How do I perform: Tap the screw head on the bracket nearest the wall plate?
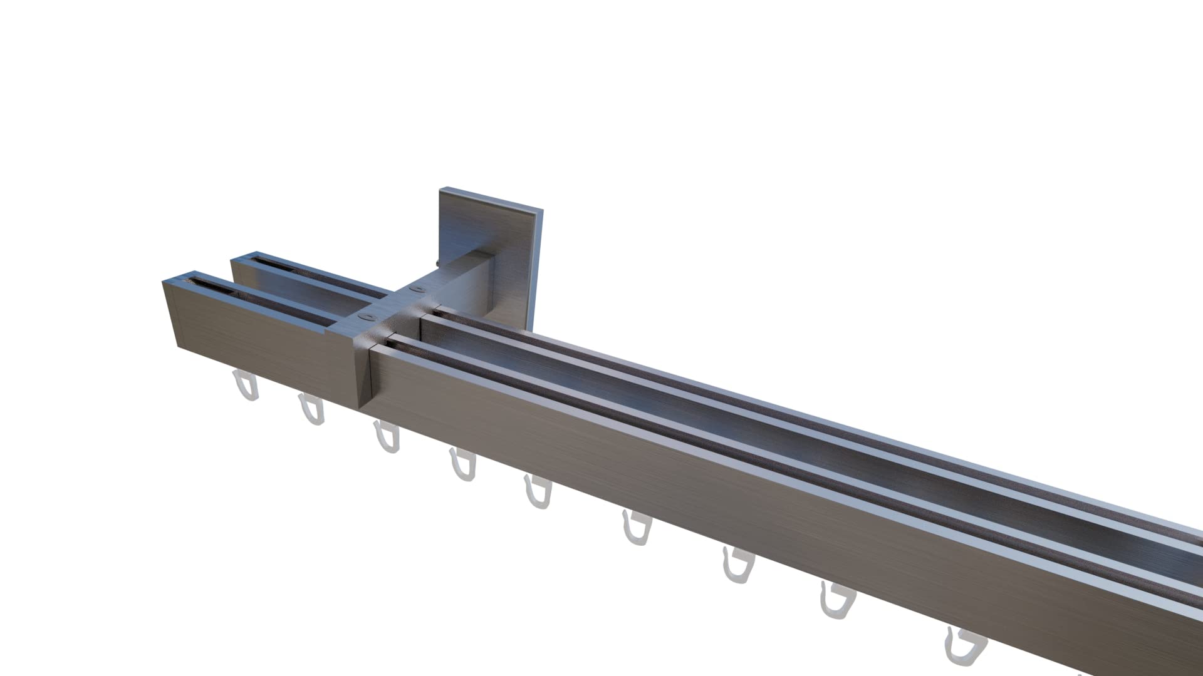click(x=416, y=289)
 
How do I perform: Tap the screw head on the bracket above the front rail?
click(x=363, y=317)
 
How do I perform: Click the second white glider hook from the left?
click(x=311, y=410)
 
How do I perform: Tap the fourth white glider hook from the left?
click(x=462, y=464)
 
